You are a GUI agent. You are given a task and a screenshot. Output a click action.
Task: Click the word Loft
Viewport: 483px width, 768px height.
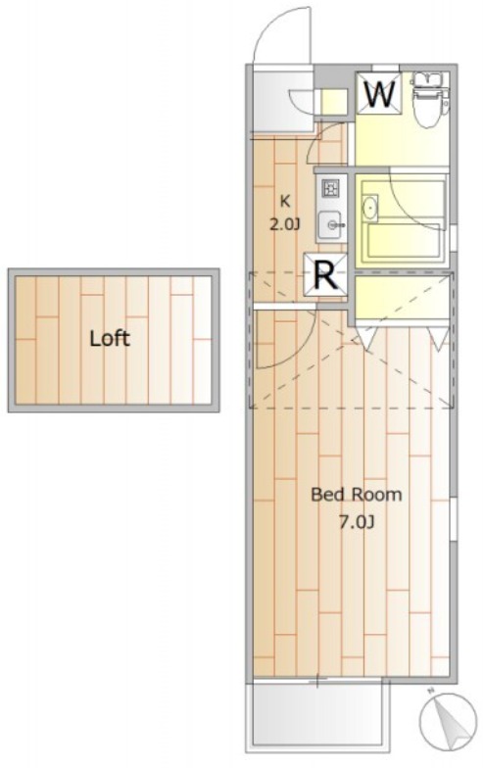point(110,338)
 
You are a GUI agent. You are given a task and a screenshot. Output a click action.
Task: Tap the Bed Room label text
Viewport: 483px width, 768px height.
point(357,494)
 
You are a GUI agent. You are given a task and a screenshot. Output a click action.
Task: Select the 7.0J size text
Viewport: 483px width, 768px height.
point(357,522)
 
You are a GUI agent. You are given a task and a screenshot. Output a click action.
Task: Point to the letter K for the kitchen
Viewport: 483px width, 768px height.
point(284,200)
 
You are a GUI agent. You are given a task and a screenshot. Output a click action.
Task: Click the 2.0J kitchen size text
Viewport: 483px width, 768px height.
point(284,224)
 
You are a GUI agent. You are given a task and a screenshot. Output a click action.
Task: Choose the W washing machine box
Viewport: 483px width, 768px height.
point(379,93)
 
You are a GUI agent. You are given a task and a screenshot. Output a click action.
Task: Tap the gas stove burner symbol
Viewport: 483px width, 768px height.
point(330,188)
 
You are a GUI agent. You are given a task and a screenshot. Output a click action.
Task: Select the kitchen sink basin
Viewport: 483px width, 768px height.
point(331,225)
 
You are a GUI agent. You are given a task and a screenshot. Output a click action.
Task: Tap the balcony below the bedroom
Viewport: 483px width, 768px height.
point(321,715)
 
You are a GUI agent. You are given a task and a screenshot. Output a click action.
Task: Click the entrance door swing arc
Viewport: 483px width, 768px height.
point(281,34)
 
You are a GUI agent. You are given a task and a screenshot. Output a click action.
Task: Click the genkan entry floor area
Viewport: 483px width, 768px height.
point(282,102)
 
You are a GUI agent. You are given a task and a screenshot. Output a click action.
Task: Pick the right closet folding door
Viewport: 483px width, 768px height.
point(438,338)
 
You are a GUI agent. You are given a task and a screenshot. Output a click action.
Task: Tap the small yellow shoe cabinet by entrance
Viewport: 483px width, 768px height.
point(334,102)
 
